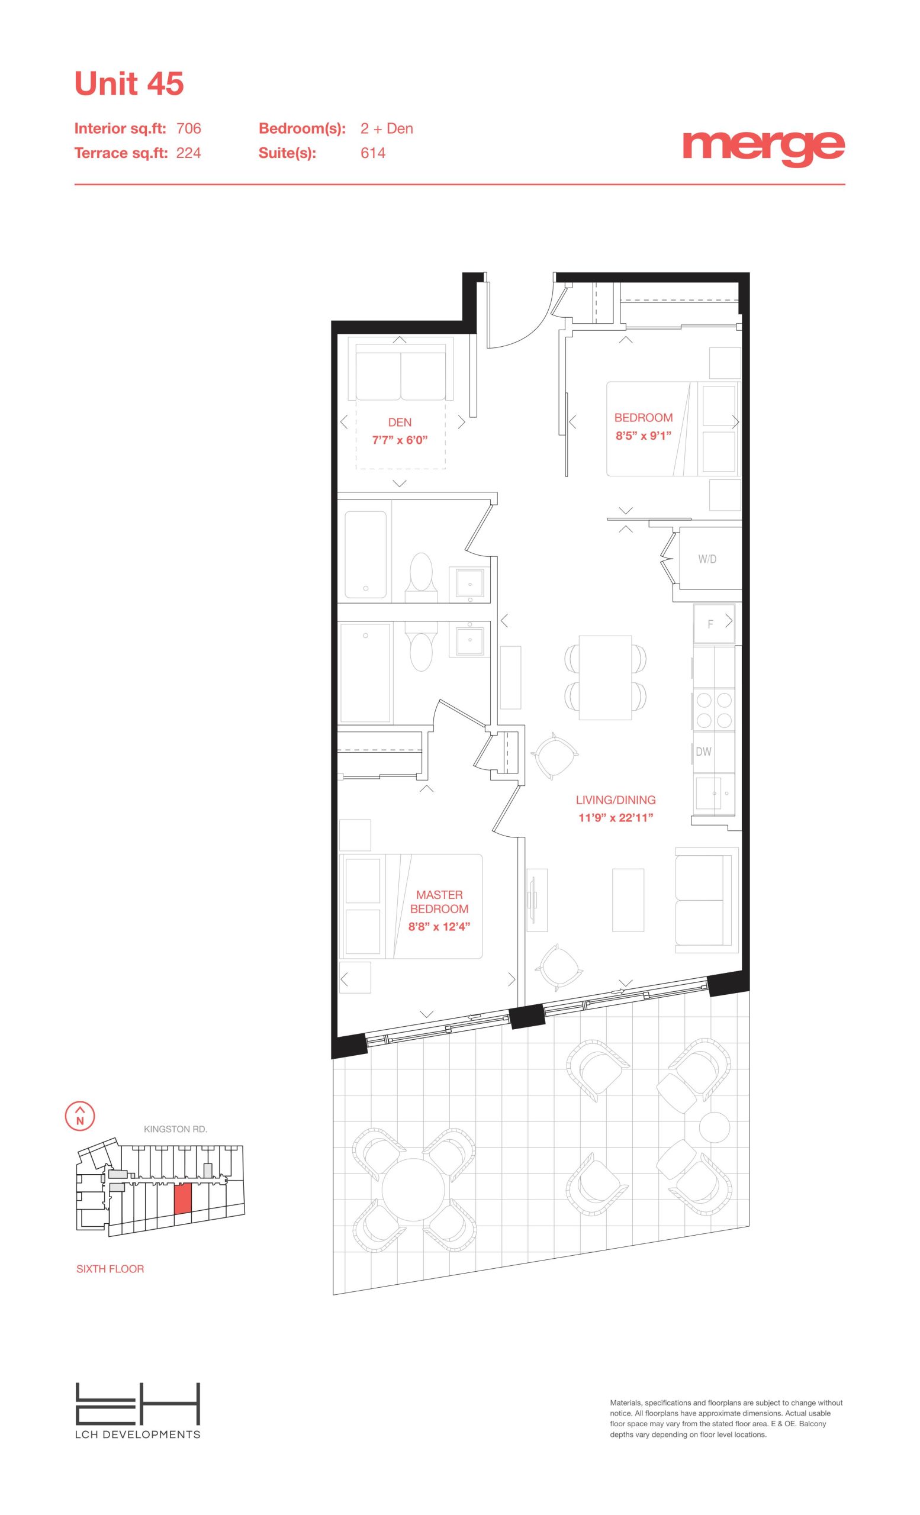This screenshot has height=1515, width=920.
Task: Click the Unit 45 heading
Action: tap(129, 83)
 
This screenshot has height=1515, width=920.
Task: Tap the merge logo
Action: tap(763, 147)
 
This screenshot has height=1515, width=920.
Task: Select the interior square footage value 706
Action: tap(189, 128)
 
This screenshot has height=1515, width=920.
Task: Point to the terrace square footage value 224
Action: tap(189, 153)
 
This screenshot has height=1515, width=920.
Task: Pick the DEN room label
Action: tap(400, 423)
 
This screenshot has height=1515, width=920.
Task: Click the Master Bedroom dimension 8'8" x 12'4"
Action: tap(439, 927)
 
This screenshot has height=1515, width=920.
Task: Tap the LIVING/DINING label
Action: tap(616, 800)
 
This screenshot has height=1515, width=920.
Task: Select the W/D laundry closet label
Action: tap(707, 559)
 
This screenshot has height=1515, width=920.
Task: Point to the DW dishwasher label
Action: tap(703, 752)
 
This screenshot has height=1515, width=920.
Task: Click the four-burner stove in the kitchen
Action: tap(714, 710)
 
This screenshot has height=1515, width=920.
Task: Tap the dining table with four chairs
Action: tap(606, 677)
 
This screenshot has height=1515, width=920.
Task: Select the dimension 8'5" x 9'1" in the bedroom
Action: tap(644, 436)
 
